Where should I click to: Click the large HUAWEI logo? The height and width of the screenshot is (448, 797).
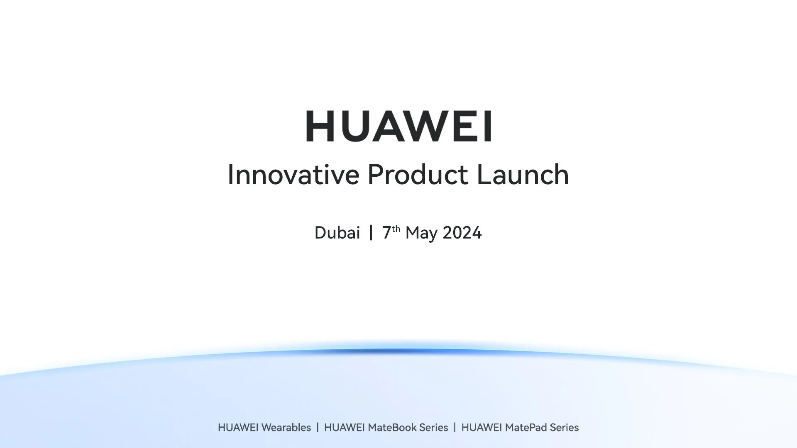398,126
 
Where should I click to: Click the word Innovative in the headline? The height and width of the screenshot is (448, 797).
293,175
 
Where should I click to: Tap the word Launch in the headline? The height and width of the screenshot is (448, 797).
523,175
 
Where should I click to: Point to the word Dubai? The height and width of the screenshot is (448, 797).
337,233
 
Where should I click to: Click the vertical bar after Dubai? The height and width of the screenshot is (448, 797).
371,233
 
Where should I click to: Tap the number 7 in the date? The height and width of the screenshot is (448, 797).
386,233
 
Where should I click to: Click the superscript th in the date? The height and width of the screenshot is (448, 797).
396,228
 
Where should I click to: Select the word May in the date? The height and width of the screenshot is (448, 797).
421,234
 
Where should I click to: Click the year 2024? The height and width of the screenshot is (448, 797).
462,233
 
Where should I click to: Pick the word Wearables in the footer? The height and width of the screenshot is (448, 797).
286,428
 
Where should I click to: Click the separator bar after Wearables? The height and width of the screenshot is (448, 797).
318,428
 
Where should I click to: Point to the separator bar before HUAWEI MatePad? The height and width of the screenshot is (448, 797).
455,428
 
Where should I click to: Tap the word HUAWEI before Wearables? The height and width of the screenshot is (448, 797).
239,428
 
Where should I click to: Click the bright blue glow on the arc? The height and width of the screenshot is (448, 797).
398,351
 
